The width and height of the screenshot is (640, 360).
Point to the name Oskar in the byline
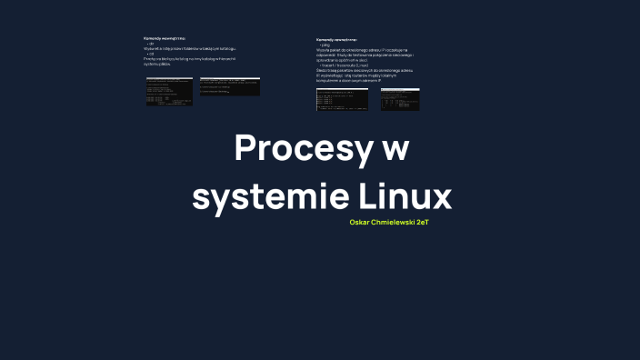tap(359, 222)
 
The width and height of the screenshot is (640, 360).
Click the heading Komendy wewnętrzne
tap(165, 38)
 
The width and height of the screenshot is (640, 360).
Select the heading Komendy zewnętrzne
tap(337, 40)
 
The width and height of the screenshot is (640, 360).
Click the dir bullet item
tap(151, 44)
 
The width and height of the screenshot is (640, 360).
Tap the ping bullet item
tap(325, 45)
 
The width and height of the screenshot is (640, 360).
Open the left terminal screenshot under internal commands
tap(169, 91)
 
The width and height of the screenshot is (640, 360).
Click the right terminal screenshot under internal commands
tap(230, 86)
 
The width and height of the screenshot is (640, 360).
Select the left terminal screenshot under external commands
tap(342, 99)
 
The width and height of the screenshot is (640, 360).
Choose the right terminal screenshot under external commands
tap(400, 99)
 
